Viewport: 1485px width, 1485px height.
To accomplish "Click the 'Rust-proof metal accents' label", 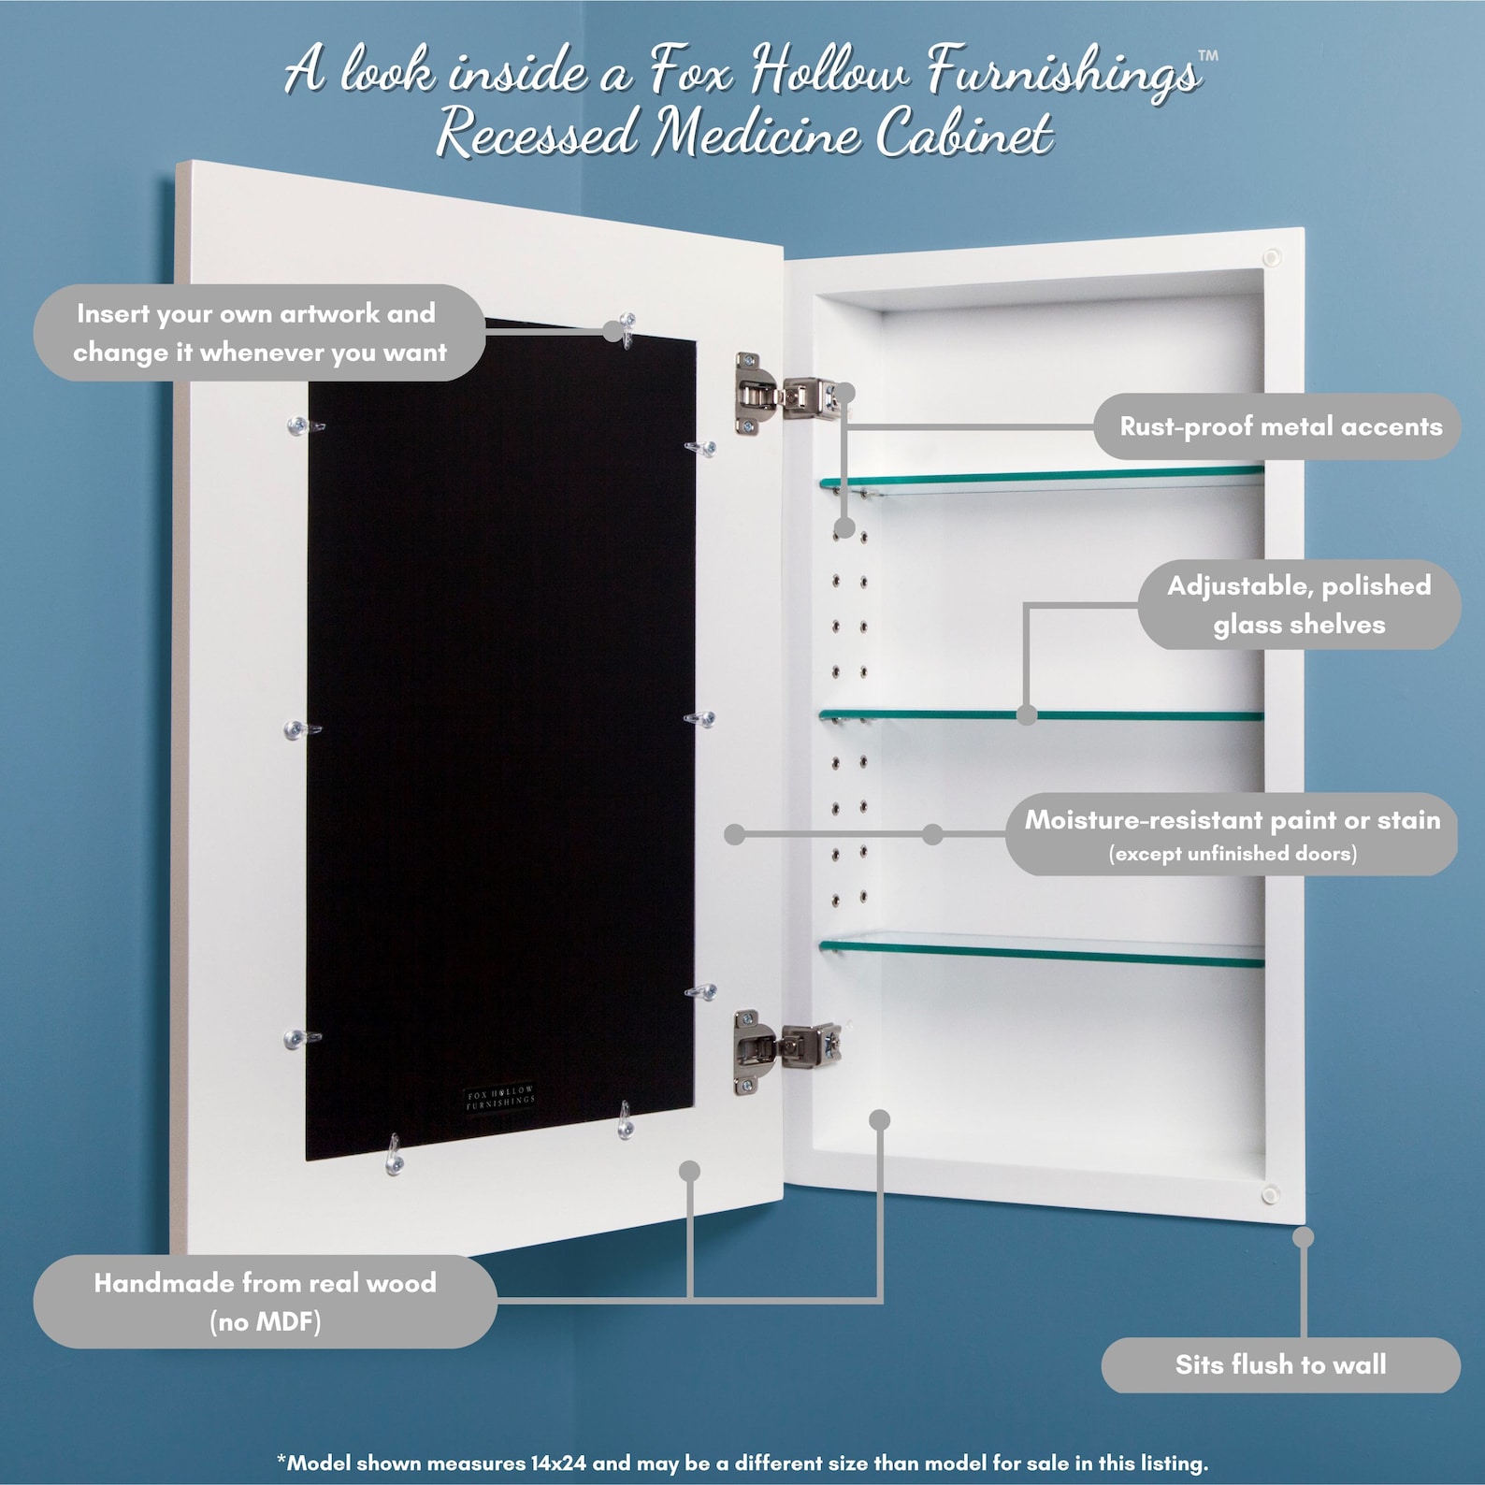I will (x=1279, y=426).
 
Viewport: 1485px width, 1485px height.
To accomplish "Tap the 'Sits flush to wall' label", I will (x=1279, y=1364).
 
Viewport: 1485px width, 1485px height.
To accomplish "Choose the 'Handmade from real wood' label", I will (x=265, y=1283).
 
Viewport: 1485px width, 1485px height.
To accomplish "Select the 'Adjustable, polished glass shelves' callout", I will (x=1298, y=605).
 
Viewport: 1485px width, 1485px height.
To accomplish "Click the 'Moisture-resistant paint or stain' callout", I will (x=1232, y=820).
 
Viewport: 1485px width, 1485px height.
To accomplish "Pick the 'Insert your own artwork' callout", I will (x=259, y=333).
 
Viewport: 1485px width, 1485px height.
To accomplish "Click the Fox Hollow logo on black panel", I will (x=500, y=1098).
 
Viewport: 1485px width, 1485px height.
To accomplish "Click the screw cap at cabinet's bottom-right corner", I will (x=1270, y=1194).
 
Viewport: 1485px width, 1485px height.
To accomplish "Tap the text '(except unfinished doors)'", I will (x=1232, y=854).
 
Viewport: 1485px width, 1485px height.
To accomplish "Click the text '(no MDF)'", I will (x=265, y=1321).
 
